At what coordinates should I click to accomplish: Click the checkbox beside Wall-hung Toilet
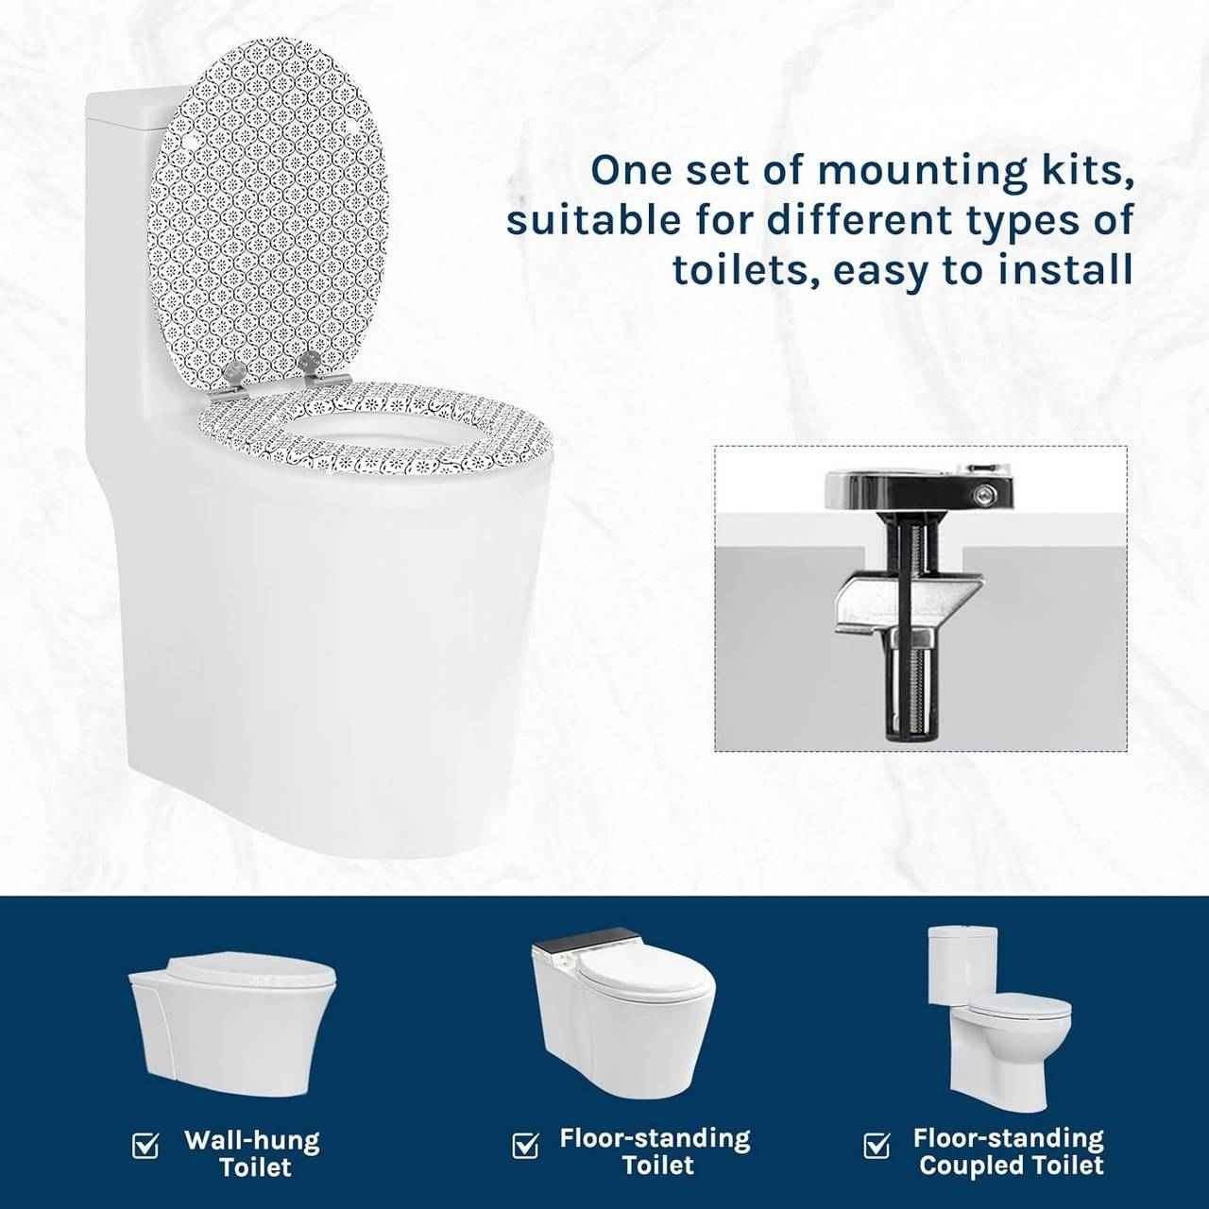[x=145, y=1146]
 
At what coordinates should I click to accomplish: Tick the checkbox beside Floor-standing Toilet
[x=525, y=1146]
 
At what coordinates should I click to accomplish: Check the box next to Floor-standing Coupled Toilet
[x=877, y=1146]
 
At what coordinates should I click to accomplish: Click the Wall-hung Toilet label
[x=252, y=1153]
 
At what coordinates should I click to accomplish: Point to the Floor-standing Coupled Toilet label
[x=1009, y=1151]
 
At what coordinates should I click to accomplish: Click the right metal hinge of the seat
[x=310, y=367]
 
